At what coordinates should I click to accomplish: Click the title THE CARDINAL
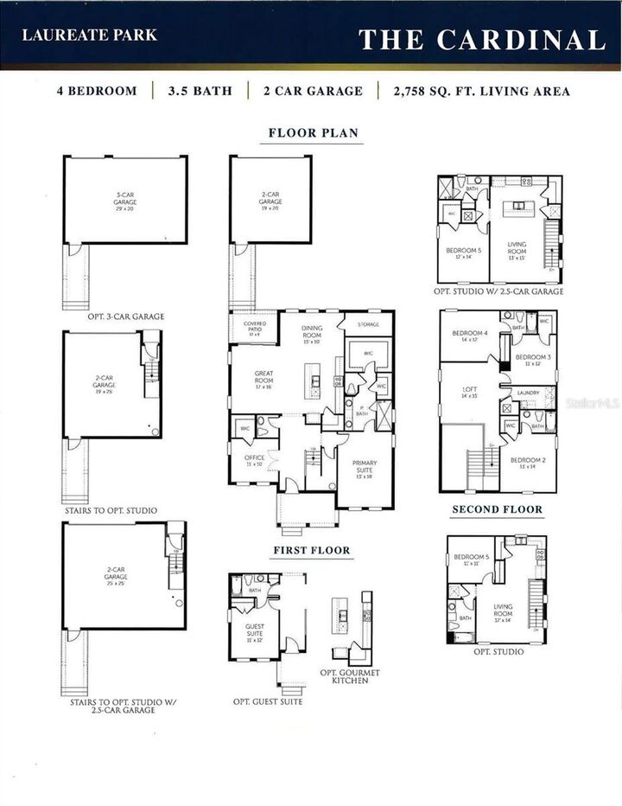tap(481, 40)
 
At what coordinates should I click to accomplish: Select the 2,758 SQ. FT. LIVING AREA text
tap(480, 91)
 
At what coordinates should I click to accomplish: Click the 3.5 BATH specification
tap(200, 91)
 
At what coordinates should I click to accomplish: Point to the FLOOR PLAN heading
tap(313, 133)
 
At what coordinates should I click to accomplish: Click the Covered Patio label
tap(255, 329)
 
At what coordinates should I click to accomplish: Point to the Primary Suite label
tap(363, 469)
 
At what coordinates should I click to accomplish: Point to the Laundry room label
tap(528, 393)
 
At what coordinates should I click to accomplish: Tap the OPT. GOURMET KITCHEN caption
tap(350, 676)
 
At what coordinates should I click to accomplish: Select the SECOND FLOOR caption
tap(497, 509)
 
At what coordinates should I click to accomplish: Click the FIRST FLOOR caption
tap(311, 550)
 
